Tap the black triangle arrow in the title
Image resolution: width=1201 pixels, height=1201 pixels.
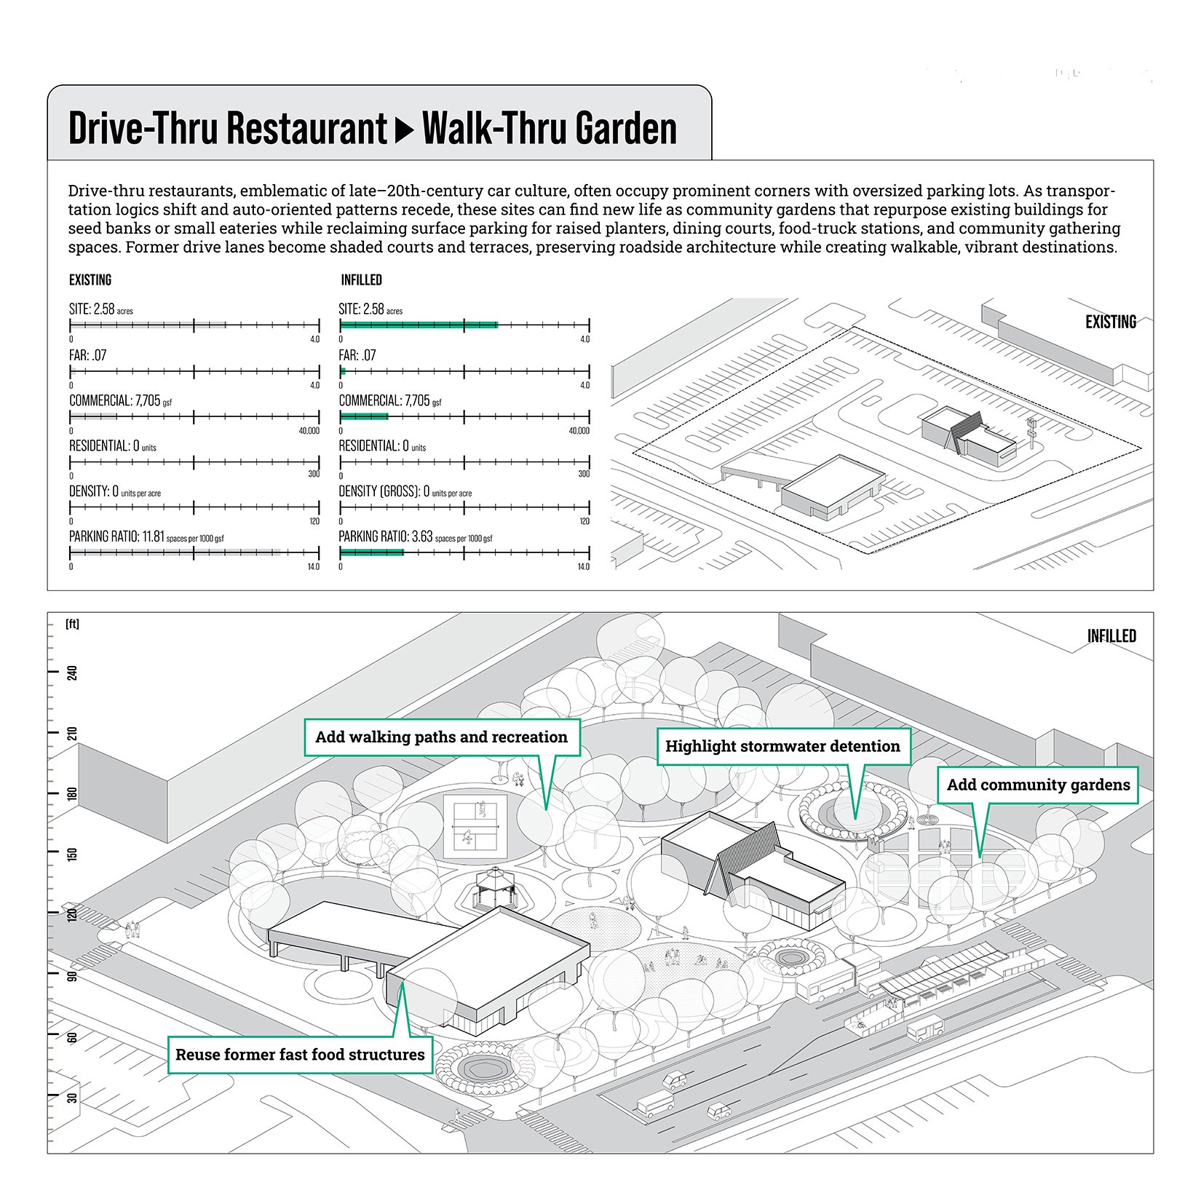(x=404, y=130)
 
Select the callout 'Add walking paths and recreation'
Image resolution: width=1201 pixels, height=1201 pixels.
(x=441, y=737)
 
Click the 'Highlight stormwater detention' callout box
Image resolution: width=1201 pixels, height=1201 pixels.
(x=782, y=747)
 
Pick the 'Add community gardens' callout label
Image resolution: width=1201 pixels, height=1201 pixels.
(x=1037, y=785)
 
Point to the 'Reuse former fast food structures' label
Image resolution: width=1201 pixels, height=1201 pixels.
(x=300, y=1055)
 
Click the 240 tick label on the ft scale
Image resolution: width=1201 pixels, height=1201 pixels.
(x=72, y=673)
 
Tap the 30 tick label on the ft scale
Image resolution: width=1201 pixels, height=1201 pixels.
(x=72, y=1097)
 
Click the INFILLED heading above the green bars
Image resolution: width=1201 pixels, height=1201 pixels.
(x=361, y=280)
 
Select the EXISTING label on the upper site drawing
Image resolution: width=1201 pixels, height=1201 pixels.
(x=1110, y=322)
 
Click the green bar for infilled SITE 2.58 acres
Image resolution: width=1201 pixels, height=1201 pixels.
(x=419, y=325)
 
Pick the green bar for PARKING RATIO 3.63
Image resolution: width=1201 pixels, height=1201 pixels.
(x=371, y=552)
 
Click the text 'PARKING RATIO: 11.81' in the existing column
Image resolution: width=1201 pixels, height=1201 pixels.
(x=116, y=536)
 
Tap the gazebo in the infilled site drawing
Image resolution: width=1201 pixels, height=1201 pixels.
(x=495, y=888)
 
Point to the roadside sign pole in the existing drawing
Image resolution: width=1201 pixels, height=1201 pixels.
(x=1031, y=435)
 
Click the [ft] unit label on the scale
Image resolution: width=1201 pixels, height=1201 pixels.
(x=72, y=624)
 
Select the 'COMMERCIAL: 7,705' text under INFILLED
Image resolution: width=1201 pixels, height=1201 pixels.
(x=384, y=400)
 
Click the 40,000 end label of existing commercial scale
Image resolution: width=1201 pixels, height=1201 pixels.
(x=309, y=431)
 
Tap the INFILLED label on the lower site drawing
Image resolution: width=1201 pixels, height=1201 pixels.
(x=1111, y=636)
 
